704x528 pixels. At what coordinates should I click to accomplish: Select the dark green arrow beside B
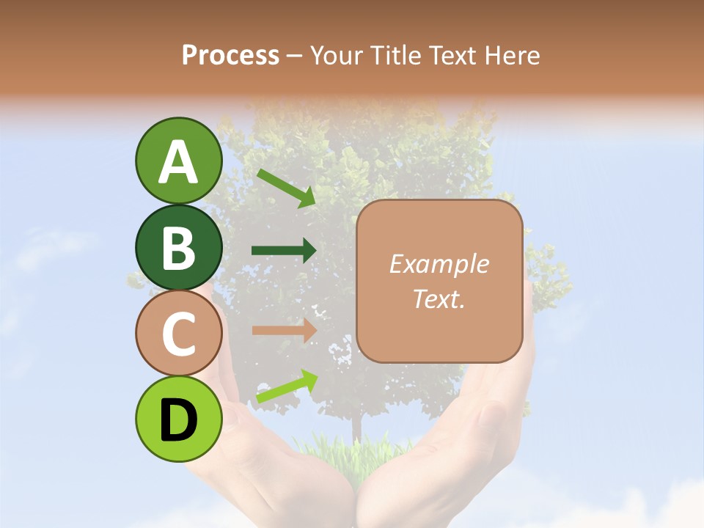pyautogui.click(x=284, y=251)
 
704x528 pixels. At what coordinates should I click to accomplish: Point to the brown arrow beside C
pyautogui.click(x=284, y=331)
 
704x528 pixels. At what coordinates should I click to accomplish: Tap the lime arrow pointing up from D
pyautogui.click(x=287, y=386)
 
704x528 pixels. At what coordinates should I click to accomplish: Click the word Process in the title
pyautogui.click(x=230, y=56)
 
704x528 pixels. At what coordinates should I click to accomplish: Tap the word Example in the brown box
pyautogui.click(x=439, y=265)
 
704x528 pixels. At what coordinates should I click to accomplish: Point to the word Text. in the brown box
pyautogui.click(x=439, y=299)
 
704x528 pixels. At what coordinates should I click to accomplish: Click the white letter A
pyautogui.click(x=178, y=163)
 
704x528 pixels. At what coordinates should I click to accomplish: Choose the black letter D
pyautogui.click(x=178, y=420)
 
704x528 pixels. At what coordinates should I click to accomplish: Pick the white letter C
pyautogui.click(x=178, y=334)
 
